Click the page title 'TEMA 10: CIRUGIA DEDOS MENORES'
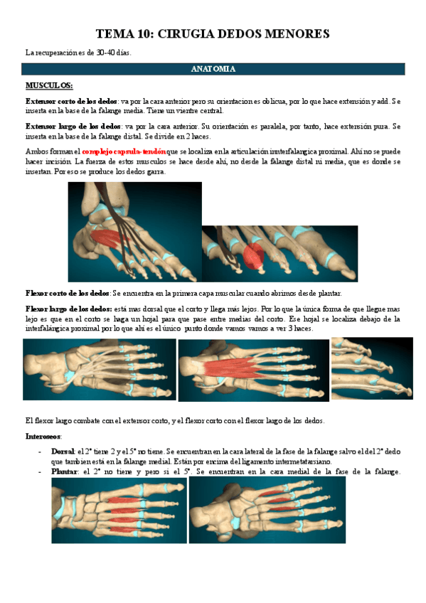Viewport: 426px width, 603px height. pos(213,33)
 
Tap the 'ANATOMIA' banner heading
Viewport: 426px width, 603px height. pos(213,70)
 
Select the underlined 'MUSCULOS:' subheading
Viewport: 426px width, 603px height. pos(49,85)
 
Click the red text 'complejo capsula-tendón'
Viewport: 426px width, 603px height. pos(124,151)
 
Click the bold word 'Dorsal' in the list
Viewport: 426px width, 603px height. pos(63,452)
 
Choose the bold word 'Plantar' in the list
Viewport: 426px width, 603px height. pos(64,471)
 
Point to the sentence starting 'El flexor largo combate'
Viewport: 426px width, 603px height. pos(174,420)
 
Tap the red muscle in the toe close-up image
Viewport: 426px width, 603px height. pos(252,254)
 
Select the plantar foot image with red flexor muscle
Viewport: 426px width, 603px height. pos(252,370)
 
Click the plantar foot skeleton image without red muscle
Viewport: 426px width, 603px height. pos(99,370)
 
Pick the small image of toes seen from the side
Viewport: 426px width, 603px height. pos(371,368)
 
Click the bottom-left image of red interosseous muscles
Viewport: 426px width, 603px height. pos(119,509)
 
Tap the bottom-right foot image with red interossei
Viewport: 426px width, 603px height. pos(267,509)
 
